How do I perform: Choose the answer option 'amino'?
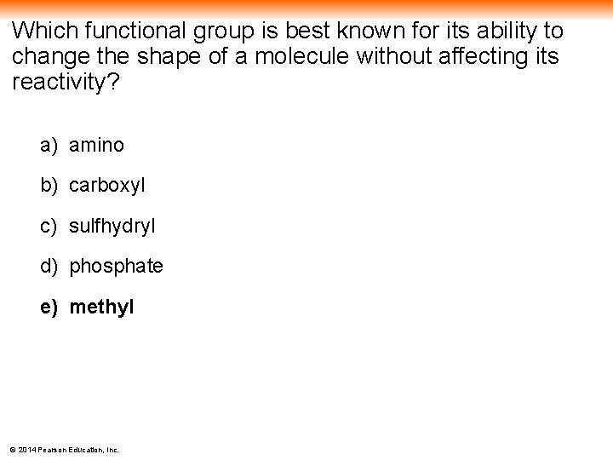click(96, 146)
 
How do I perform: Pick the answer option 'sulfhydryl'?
click(112, 227)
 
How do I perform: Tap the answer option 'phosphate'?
click(116, 267)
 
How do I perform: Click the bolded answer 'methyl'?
click(101, 307)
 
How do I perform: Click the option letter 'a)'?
click(49, 146)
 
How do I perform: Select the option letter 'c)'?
click(49, 227)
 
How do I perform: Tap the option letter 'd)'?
click(49, 267)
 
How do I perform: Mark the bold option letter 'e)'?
click(49, 307)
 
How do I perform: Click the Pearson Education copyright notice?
click(64, 449)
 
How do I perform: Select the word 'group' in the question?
click(221, 32)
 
